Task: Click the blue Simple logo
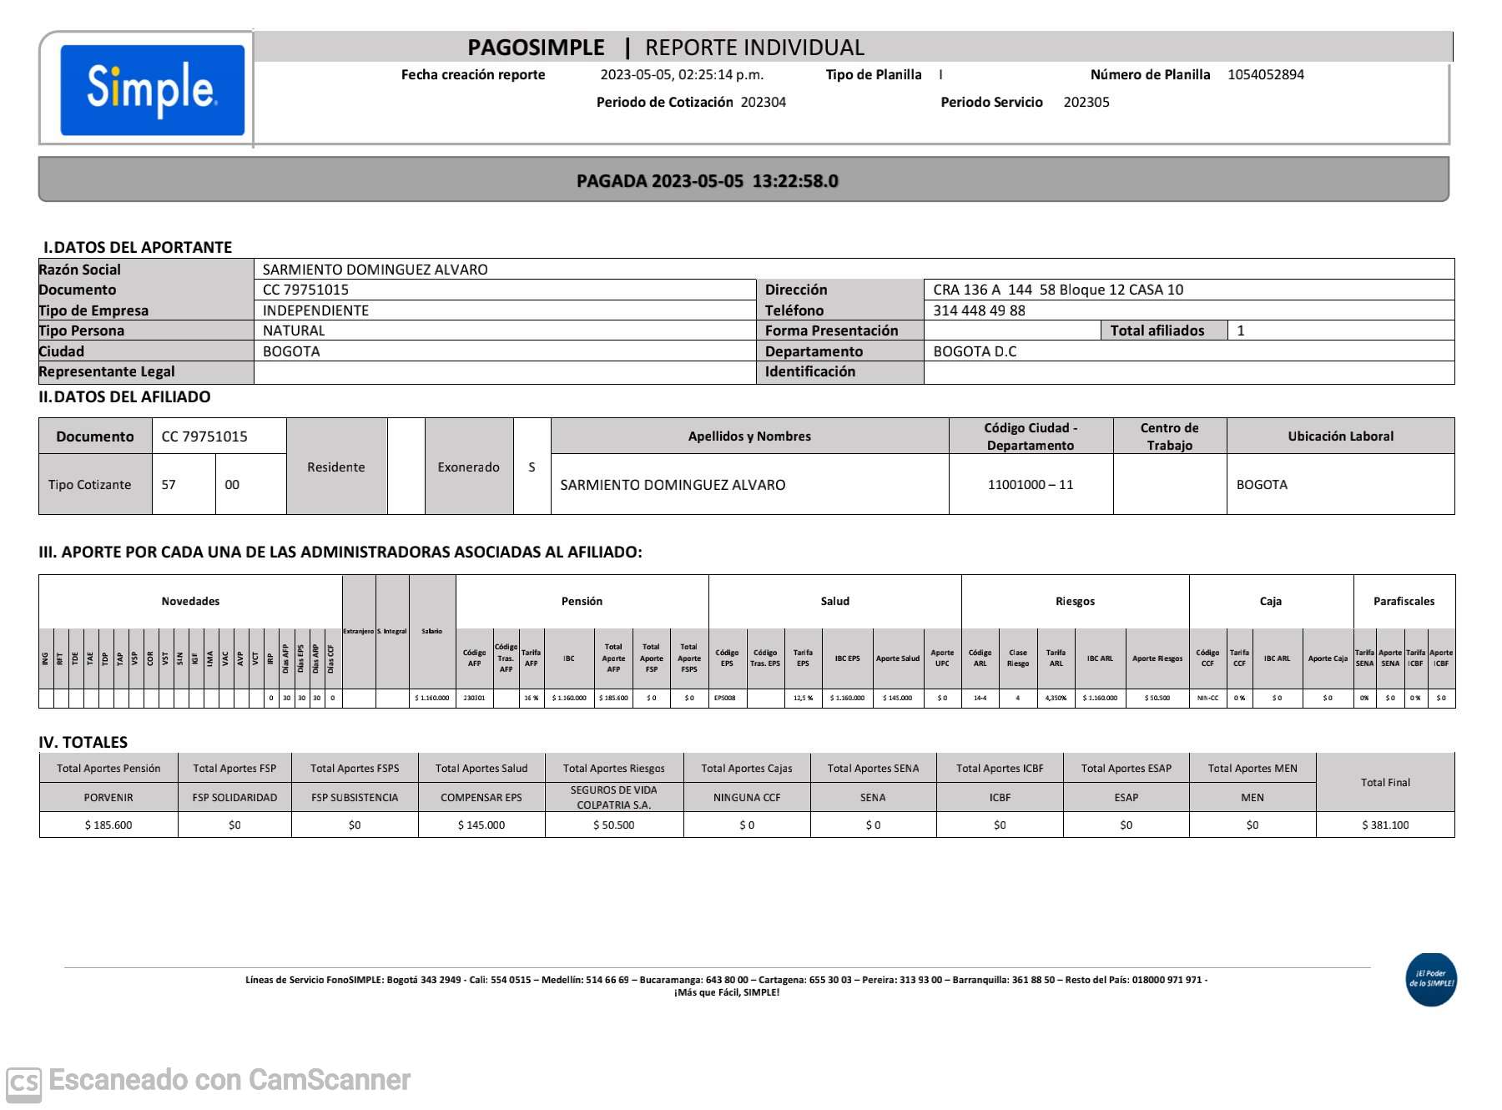tap(152, 89)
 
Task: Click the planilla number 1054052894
tap(1265, 74)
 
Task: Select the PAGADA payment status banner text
tap(707, 181)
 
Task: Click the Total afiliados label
tap(1157, 330)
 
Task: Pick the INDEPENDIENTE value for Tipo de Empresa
tap(315, 310)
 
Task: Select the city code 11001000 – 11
tap(1030, 485)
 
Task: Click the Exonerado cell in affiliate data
tap(468, 467)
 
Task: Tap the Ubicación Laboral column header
tap(1340, 436)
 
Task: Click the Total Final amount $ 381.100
tap(1385, 825)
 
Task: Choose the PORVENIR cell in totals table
tap(108, 798)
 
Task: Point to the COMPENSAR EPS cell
tap(481, 798)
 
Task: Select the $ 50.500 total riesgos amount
tap(613, 825)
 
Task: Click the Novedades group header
tap(190, 602)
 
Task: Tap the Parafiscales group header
tap(1404, 602)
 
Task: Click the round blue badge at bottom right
tap(1431, 979)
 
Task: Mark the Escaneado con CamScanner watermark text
tap(229, 1080)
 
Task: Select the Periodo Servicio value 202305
tap(1086, 102)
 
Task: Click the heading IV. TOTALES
tap(83, 742)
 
